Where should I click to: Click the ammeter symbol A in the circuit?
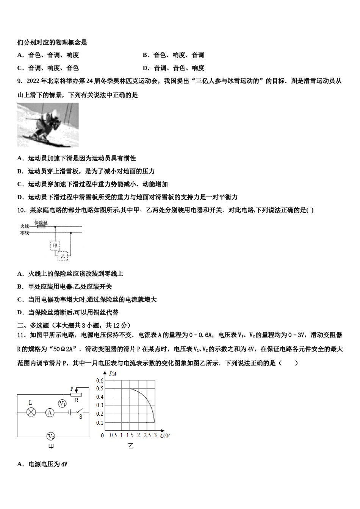tap(50, 413)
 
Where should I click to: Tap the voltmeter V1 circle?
tap(62, 404)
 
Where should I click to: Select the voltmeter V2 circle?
tap(50, 436)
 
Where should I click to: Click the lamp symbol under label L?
tap(31, 412)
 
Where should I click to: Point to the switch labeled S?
tap(79, 412)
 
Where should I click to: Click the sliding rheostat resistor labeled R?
tap(76, 395)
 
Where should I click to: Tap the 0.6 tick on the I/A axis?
tap(100, 380)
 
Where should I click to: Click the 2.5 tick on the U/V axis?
tap(147, 436)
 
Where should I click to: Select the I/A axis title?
tap(113, 374)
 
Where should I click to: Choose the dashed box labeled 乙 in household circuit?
tap(63, 256)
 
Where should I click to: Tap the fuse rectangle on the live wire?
tap(40, 227)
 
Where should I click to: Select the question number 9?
tap(20, 81)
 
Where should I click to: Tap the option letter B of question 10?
tap(20, 287)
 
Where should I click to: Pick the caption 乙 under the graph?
tap(131, 446)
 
